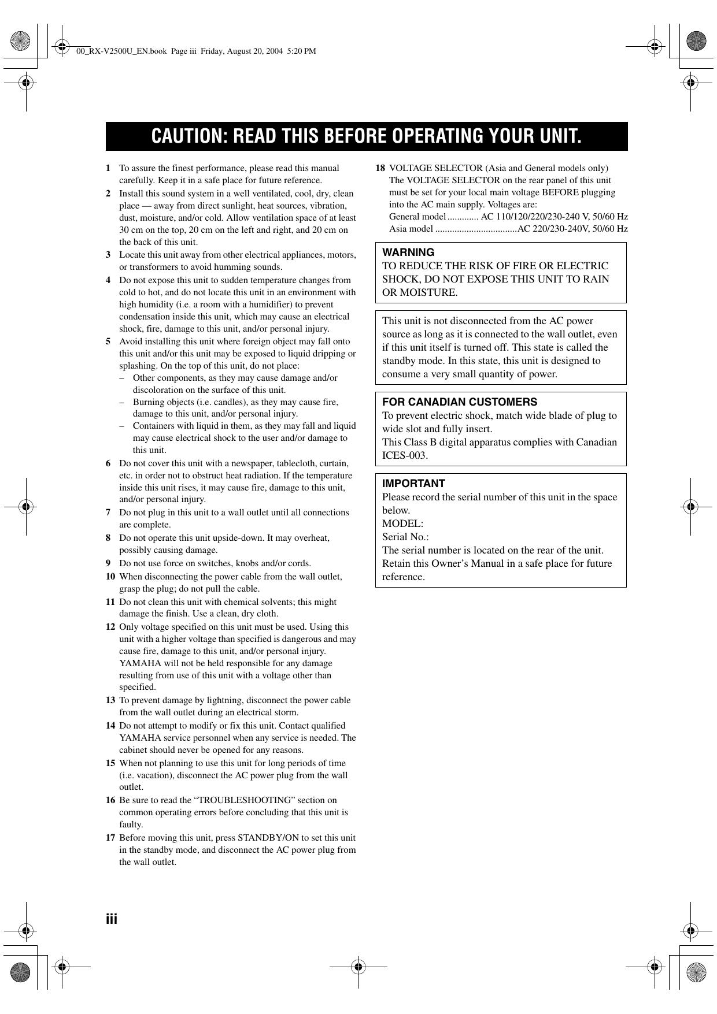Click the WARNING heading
(408, 252)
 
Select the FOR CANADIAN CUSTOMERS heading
(460, 402)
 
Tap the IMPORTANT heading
(413, 484)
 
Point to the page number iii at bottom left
(112, 919)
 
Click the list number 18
(380, 168)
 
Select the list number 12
(110, 627)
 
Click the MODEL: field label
(402, 523)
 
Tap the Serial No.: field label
(405, 537)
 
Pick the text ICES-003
(405, 455)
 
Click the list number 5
(108, 341)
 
